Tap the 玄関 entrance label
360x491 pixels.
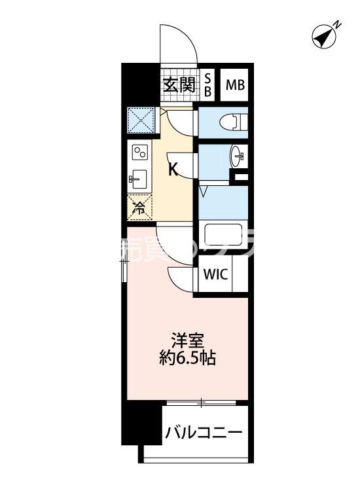[x=179, y=84]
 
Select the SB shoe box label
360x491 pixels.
[x=207, y=84]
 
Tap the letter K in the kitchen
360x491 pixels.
[x=173, y=170]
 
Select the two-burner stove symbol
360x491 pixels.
[x=141, y=153]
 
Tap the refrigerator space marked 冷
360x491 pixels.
[x=140, y=208]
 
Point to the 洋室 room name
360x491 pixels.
[x=188, y=340]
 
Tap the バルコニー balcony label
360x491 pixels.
[x=204, y=433]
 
